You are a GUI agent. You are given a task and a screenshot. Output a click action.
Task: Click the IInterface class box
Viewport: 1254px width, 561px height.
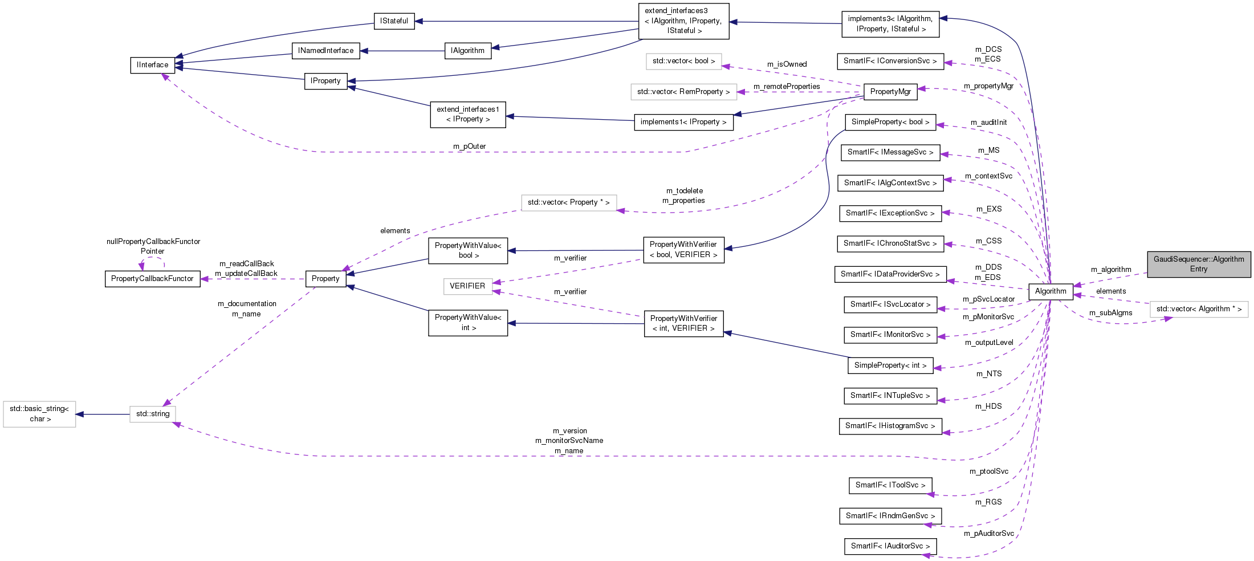[152, 65]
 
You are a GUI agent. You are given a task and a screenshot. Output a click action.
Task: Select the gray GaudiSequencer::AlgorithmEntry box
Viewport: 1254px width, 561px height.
[1199, 264]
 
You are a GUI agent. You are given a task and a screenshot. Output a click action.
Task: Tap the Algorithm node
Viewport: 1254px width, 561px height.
[1050, 291]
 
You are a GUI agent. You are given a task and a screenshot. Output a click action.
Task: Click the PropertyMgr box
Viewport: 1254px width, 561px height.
[890, 92]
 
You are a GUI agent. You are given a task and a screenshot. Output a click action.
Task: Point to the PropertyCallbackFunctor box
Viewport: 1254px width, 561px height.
[152, 279]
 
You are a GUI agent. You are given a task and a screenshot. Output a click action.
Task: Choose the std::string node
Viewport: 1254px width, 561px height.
[152, 414]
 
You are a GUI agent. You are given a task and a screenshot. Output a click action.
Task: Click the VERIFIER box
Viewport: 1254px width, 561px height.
[467, 286]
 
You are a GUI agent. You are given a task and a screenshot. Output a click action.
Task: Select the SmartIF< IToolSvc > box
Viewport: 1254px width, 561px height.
[890, 485]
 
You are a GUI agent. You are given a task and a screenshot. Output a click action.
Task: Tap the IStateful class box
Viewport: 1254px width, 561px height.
[394, 21]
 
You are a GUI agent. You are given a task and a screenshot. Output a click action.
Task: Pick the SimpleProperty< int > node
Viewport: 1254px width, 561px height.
[890, 365]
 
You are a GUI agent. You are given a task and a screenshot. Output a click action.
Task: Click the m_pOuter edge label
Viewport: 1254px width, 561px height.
[469, 147]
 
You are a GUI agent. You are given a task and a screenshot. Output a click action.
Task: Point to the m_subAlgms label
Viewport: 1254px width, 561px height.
[1110, 313]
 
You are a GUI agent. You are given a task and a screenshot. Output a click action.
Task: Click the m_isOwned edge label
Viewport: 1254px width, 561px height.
[787, 64]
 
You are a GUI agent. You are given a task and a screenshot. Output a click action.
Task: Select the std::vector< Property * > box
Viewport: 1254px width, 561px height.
[568, 202]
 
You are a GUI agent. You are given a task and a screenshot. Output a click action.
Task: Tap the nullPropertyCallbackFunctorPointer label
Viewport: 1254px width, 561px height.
[153, 246]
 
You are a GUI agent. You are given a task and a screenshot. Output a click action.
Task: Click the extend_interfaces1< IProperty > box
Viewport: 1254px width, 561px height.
[467, 114]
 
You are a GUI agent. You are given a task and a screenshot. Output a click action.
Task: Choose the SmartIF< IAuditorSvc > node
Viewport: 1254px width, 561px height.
[890, 546]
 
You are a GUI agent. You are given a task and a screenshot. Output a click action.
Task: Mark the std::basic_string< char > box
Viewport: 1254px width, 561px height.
[39, 414]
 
